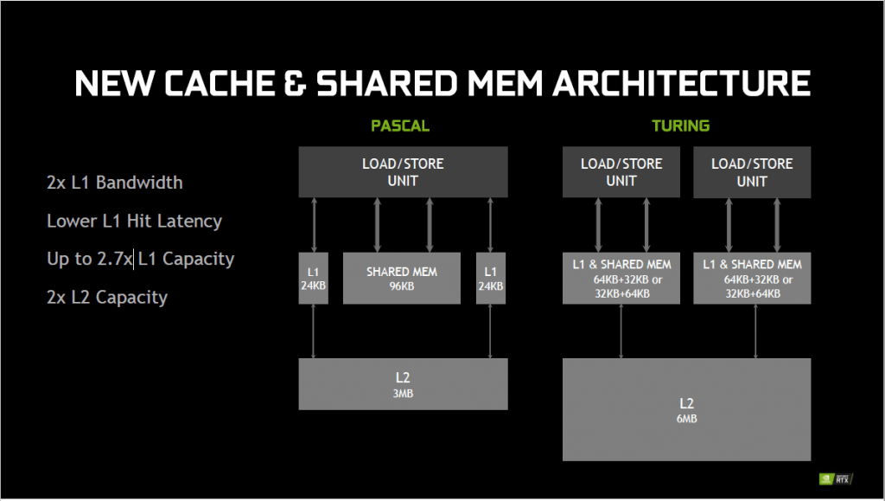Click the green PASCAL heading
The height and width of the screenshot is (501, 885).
399,125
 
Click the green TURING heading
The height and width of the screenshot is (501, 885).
681,125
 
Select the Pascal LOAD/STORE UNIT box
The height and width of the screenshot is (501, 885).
403,172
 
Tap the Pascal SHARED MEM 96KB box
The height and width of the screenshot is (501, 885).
402,279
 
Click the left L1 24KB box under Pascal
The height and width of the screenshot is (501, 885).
313,279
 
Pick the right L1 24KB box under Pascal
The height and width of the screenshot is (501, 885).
491,279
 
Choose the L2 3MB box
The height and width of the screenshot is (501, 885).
403,384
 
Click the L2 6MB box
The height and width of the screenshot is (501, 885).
687,409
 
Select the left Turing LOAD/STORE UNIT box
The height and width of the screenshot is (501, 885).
621,172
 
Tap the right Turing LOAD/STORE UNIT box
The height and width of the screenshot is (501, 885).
753,172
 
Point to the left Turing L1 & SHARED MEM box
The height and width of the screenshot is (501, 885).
621,279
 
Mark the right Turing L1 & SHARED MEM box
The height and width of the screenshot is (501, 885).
753,279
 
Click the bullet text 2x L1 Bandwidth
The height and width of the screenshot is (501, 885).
115,183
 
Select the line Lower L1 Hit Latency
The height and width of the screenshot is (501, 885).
134,221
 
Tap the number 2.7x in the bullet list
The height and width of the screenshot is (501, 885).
115,259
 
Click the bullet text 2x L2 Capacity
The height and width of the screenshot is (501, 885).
107,297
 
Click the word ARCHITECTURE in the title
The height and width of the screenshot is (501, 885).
681,83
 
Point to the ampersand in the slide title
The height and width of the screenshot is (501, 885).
296,83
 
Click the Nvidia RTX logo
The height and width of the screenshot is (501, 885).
836,479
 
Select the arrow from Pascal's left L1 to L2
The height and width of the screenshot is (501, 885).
313,331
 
